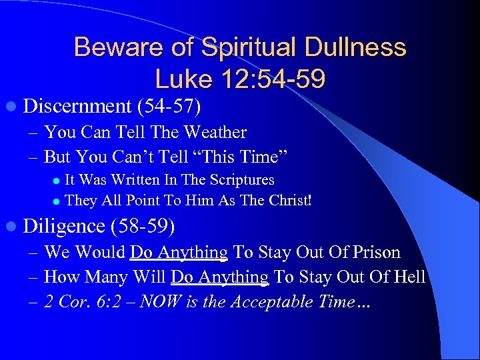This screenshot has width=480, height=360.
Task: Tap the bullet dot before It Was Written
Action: point(57,181)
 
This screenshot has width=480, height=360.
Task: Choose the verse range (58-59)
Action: point(143,227)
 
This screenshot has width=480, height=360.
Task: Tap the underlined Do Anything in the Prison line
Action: point(179,253)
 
